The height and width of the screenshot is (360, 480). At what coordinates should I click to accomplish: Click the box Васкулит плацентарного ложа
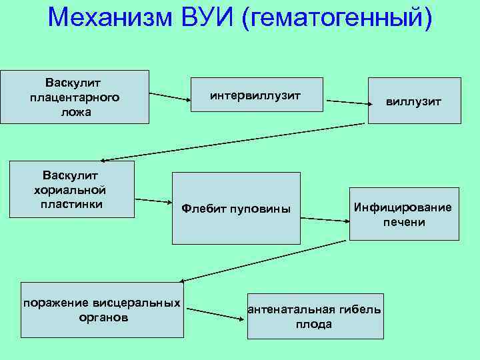75,97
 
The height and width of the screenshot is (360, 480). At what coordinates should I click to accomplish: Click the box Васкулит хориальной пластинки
73,189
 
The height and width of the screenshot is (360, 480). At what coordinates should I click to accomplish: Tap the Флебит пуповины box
236,208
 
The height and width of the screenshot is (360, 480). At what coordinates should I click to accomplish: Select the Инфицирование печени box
404,213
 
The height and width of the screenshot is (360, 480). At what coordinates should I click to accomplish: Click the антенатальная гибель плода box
314,316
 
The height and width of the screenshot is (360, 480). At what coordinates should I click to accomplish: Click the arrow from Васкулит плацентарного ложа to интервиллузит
169,96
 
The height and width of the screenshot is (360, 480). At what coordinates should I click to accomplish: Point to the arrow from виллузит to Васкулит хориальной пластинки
233,142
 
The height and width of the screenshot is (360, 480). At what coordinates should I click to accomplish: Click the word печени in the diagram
404,221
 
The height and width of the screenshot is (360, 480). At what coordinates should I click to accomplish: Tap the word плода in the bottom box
314,324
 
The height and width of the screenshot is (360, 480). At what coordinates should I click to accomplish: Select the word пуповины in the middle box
260,209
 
